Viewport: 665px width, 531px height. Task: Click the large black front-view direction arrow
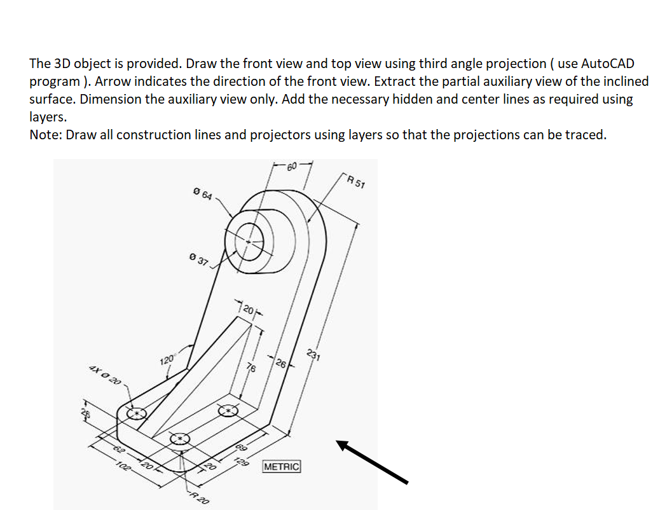(372, 462)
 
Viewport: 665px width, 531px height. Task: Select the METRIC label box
(281, 466)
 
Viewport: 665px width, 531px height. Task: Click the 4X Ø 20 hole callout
(105, 376)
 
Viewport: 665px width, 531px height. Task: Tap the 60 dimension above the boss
(291, 167)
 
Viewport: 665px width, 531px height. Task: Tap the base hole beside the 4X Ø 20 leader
(136, 414)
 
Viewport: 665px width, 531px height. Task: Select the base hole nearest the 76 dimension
(227, 411)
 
